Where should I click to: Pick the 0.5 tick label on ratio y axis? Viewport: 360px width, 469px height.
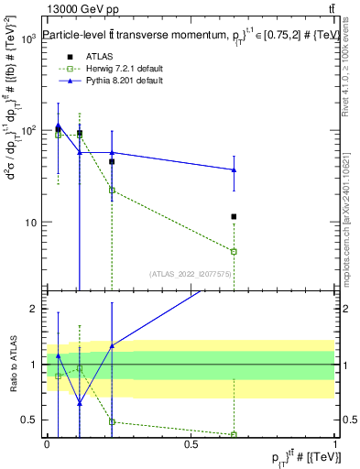[x=33, y=420]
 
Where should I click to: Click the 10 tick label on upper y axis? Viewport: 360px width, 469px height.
[x=32, y=223]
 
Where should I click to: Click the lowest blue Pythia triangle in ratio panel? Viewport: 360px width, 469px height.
[x=79, y=403]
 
